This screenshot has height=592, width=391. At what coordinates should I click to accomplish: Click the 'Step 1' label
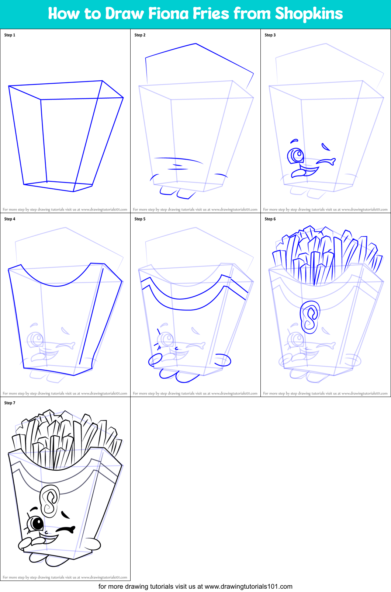[x=10, y=35]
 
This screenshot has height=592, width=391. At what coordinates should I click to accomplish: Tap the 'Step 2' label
[x=140, y=35]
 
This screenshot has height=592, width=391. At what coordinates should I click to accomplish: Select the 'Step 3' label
[x=270, y=35]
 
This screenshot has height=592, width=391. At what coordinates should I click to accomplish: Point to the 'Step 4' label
[x=10, y=219]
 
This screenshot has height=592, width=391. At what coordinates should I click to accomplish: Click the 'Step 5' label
[x=140, y=219]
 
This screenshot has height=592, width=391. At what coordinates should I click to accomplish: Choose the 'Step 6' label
[x=270, y=219]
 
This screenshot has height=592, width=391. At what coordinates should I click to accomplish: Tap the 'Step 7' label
[x=10, y=403]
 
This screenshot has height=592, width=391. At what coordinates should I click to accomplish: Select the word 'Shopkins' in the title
[x=309, y=14]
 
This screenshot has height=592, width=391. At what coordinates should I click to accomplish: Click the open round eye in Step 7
[x=36, y=523]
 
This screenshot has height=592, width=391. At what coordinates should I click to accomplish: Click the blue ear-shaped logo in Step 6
[x=310, y=317]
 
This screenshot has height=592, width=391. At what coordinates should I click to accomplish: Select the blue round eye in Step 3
[x=296, y=155]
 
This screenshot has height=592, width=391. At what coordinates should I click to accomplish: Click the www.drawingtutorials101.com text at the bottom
[x=248, y=586]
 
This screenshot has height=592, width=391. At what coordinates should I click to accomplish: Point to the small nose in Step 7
[x=46, y=533]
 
